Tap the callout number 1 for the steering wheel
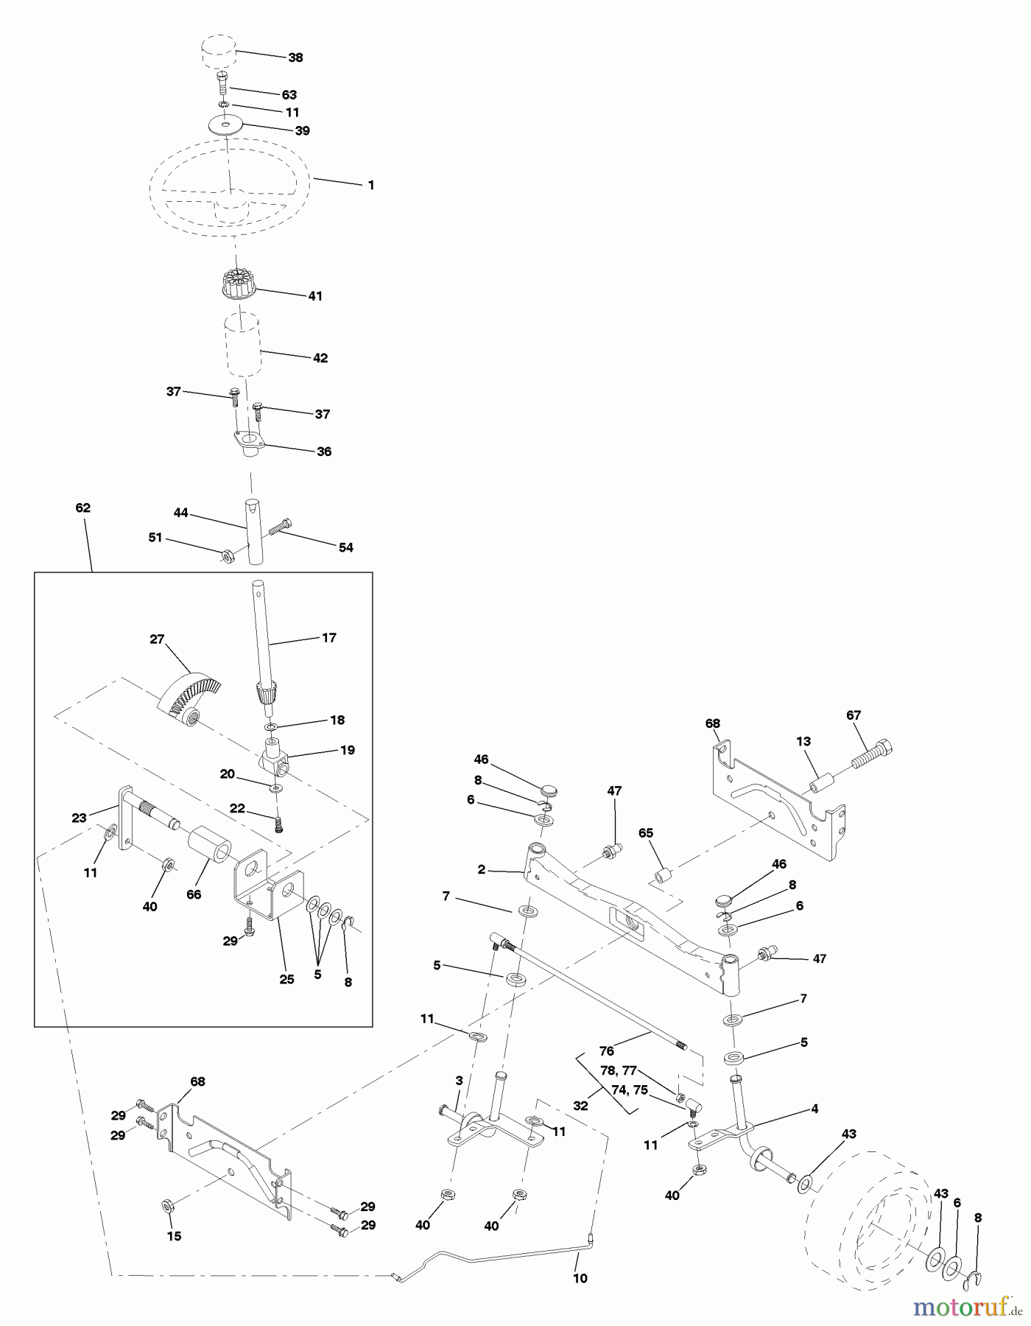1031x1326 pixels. (x=371, y=186)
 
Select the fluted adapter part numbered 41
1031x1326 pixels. (x=236, y=284)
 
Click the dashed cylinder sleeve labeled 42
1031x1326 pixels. (x=244, y=343)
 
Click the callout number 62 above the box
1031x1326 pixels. (x=82, y=508)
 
